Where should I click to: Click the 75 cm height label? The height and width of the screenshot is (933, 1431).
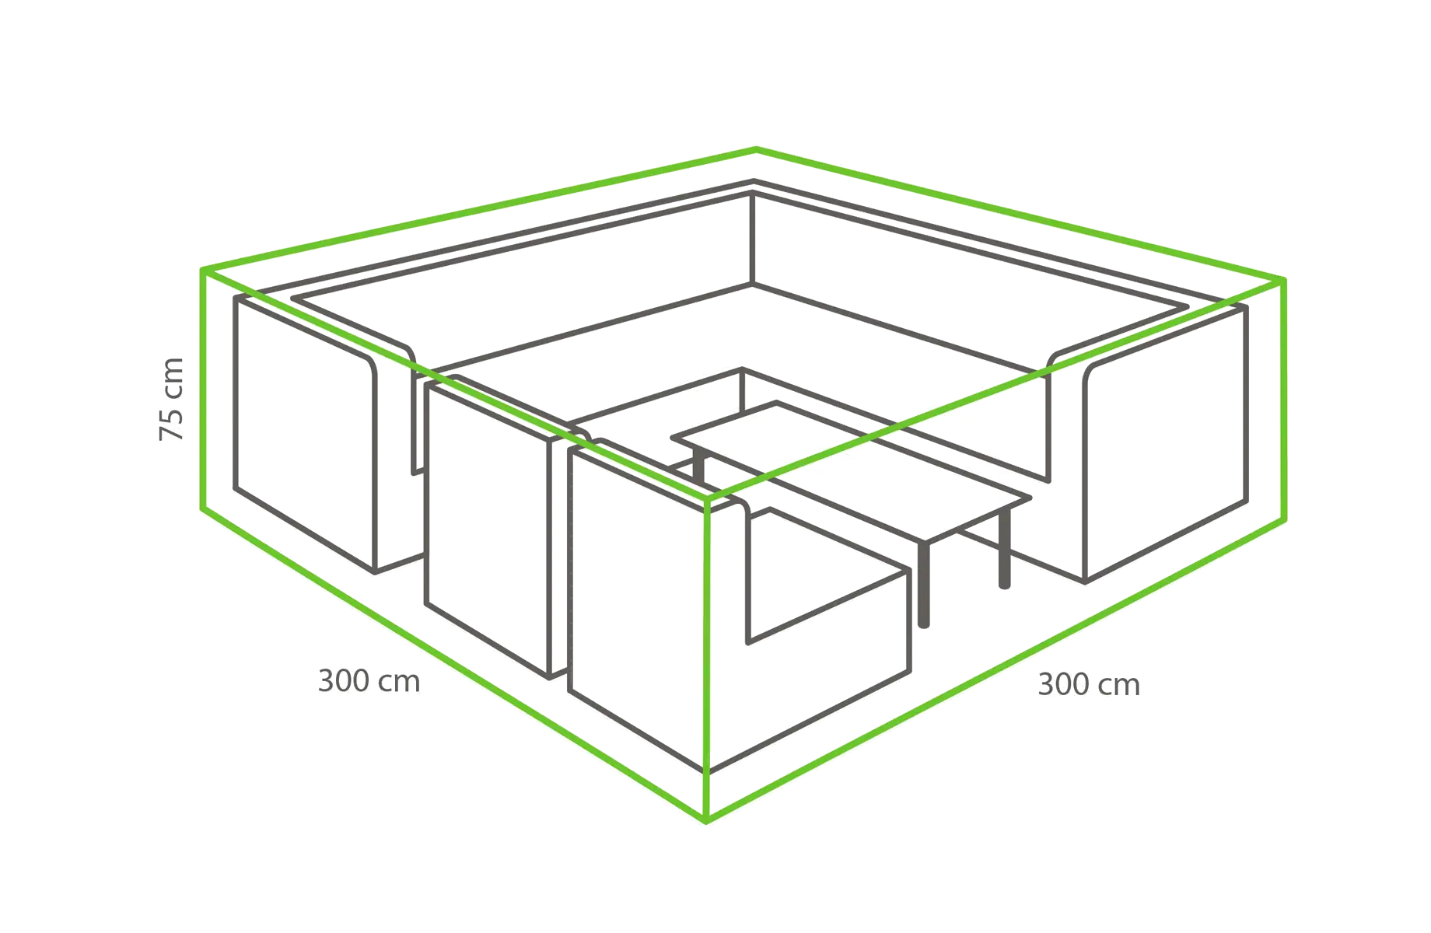click(171, 400)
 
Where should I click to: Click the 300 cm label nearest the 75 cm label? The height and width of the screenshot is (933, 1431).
click(369, 681)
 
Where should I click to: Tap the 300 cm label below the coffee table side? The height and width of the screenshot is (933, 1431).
click(1089, 685)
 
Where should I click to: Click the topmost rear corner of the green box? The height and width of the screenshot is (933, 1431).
click(756, 149)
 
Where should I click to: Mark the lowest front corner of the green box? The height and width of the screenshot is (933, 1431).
click(706, 820)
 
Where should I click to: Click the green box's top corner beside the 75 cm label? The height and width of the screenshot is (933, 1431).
click(203, 271)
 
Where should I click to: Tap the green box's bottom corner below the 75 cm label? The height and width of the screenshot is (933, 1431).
click(203, 509)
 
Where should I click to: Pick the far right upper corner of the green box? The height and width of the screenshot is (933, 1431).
click(1283, 280)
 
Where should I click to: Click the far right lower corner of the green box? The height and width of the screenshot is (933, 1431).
click(1284, 519)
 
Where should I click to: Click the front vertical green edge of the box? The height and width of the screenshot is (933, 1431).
click(707, 660)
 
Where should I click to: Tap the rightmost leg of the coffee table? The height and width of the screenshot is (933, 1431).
click(1005, 548)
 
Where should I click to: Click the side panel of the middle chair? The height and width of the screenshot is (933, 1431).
click(488, 529)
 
